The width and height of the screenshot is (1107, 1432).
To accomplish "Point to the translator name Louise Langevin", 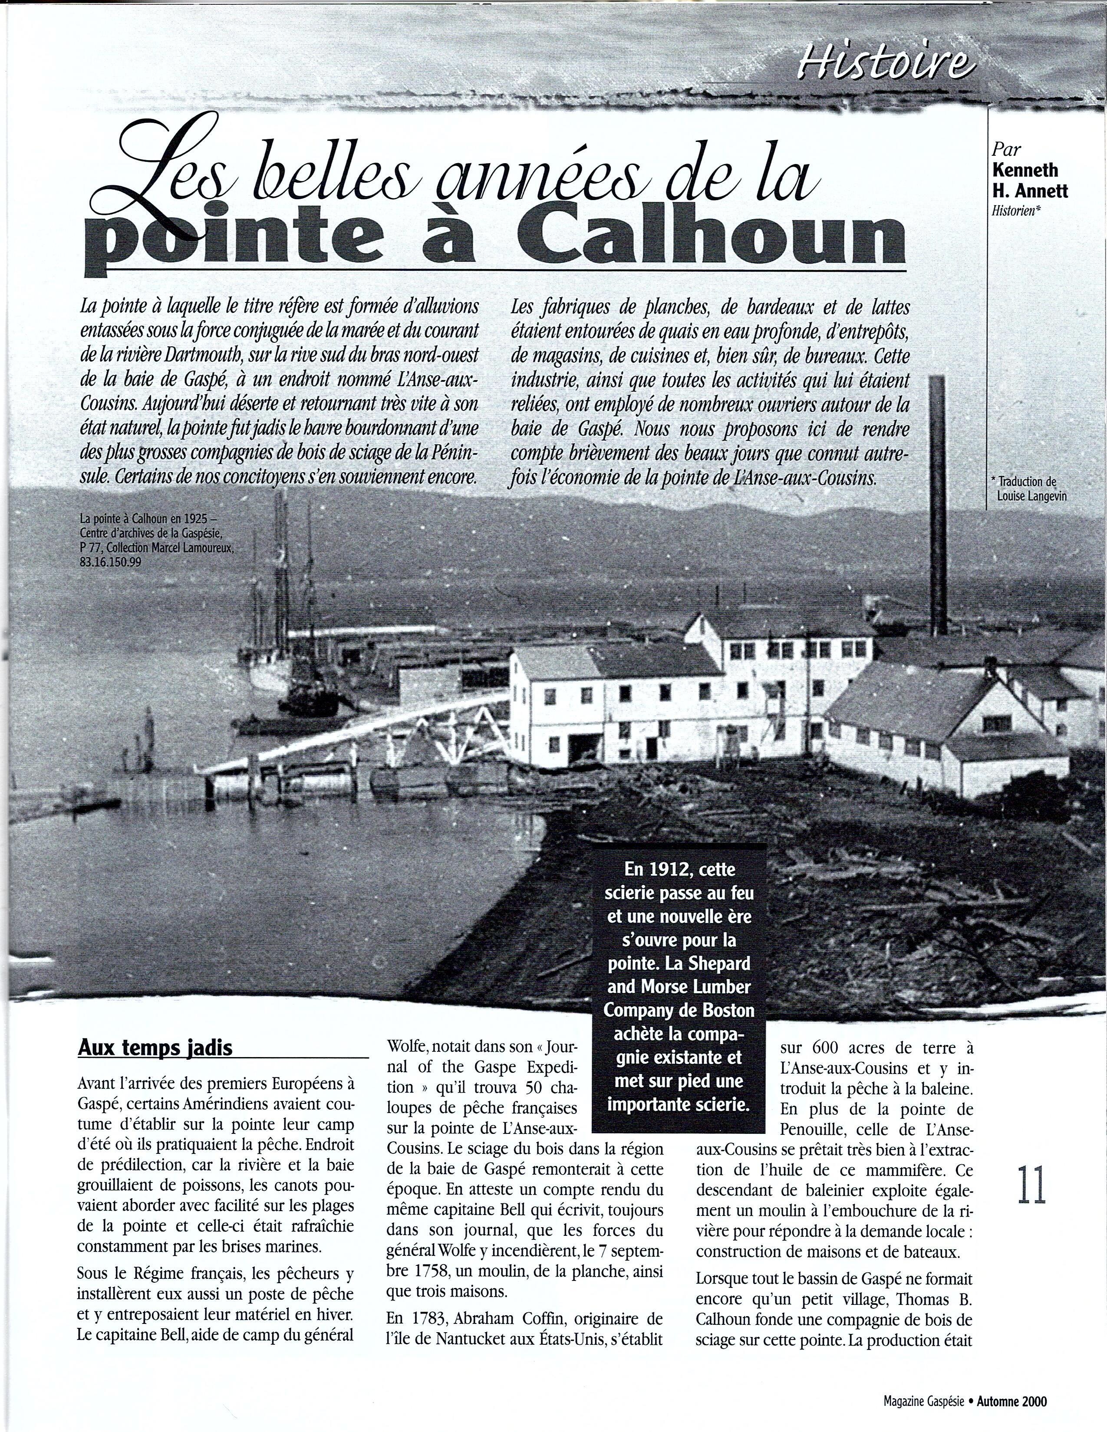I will (1031, 496).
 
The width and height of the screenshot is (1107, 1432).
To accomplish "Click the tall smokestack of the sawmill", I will (936, 505).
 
